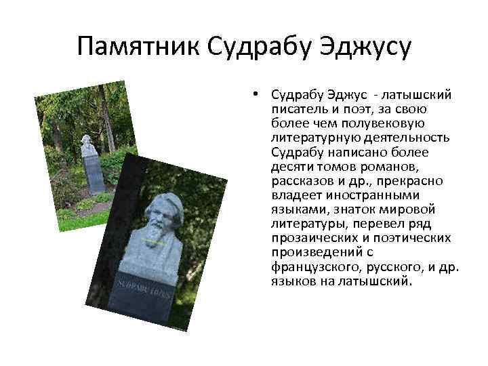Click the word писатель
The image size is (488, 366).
(296, 108)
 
